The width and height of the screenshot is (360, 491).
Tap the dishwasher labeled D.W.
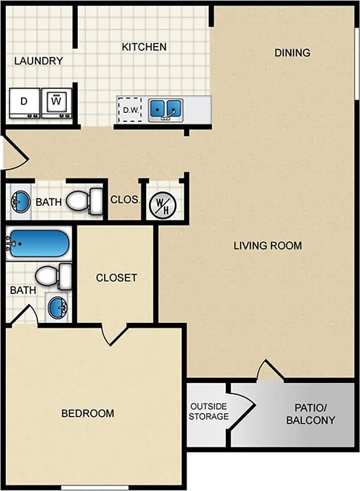pyautogui.click(x=129, y=110)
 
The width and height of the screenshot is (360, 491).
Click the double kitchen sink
pyautogui.click(x=166, y=109)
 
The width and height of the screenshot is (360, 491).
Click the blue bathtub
pyautogui.click(x=39, y=244)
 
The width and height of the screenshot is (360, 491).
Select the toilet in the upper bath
pyautogui.click(x=85, y=201)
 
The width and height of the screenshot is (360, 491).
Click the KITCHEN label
pyautogui.click(x=144, y=47)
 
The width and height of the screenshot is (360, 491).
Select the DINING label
pyautogui.click(x=292, y=53)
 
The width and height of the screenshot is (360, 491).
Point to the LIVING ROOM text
pyautogui.click(x=268, y=246)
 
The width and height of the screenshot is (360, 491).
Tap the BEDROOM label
pyautogui.click(x=88, y=413)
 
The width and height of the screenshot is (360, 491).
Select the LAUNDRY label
pyautogui.click(x=38, y=61)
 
